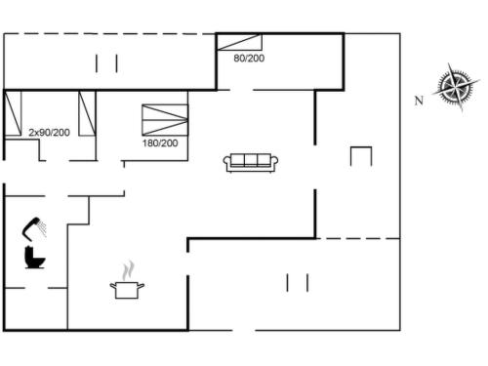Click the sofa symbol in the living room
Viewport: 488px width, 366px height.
(x=251, y=163)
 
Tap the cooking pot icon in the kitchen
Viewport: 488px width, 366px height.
(x=127, y=290)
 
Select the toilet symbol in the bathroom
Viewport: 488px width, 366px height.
(x=34, y=258)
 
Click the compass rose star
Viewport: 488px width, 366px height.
(x=456, y=87)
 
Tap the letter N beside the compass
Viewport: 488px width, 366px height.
(x=419, y=101)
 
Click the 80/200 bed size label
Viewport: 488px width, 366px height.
(x=249, y=59)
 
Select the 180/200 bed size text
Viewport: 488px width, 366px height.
(x=160, y=142)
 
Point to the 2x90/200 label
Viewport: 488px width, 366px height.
(x=49, y=133)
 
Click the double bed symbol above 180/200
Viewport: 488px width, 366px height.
(x=165, y=120)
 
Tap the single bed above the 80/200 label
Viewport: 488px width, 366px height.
(x=239, y=42)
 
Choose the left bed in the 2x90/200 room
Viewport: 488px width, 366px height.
(x=13, y=113)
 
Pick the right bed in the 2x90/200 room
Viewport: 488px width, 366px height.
(x=87, y=113)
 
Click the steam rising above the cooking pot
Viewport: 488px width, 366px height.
(x=128, y=270)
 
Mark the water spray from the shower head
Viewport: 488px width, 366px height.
(x=42, y=227)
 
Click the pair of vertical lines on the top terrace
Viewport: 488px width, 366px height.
(x=106, y=63)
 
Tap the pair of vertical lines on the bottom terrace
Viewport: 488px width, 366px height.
(x=298, y=283)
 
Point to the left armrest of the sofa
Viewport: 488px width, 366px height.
(x=226, y=162)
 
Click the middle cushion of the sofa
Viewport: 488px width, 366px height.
(x=251, y=160)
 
